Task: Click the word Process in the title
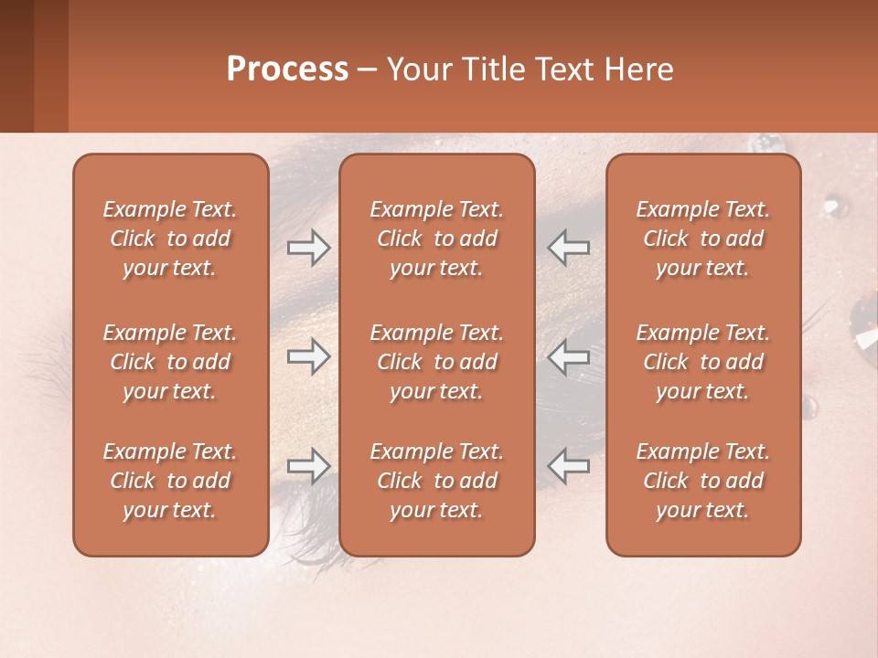click(287, 69)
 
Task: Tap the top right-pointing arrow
click(308, 247)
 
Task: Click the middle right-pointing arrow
click(308, 356)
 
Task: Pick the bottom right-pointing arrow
click(308, 466)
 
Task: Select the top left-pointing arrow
click(569, 247)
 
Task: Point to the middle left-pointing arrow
click(569, 356)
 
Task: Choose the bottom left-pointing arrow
click(569, 466)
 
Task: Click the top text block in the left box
click(170, 239)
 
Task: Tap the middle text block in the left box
click(170, 362)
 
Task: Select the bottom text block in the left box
click(170, 481)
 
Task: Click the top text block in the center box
click(437, 239)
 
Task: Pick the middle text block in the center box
click(437, 362)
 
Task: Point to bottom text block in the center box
click(437, 481)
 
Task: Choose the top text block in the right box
click(703, 239)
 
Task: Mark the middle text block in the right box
click(703, 362)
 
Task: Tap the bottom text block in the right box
click(703, 481)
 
